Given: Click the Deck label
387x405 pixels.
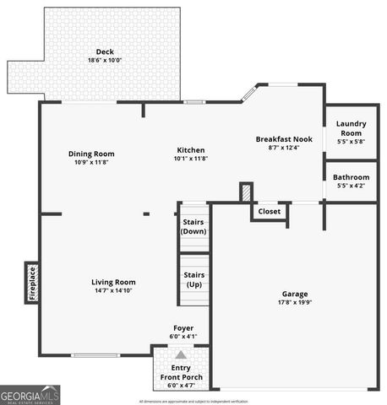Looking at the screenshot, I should (x=105, y=51).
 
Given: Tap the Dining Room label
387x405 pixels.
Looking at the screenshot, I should (x=91, y=154).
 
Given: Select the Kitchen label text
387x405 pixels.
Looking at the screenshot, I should (x=190, y=149).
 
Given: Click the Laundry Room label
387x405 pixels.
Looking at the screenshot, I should (x=351, y=128).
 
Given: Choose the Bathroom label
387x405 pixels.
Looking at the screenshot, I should (x=351, y=177).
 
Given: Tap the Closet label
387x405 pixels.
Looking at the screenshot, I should (x=269, y=212).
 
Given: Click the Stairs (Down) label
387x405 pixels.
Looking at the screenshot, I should (x=193, y=226).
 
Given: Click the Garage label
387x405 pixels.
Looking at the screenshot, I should (x=295, y=294).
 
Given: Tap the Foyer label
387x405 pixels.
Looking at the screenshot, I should (x=183, y=328).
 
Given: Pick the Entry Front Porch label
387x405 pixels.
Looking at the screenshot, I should (x=181, y=373).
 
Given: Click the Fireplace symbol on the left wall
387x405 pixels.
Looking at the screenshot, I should (x=32, y=283).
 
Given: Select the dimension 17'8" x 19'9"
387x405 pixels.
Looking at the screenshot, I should (x=295, y=302).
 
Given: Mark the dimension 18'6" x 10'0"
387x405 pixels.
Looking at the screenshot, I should (x=105, y=60).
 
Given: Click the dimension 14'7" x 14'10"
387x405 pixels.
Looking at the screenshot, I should (x=113, y=290).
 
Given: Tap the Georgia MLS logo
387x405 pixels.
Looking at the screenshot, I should (x=30, y=394).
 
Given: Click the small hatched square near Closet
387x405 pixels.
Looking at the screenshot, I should (x=245, y=192).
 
